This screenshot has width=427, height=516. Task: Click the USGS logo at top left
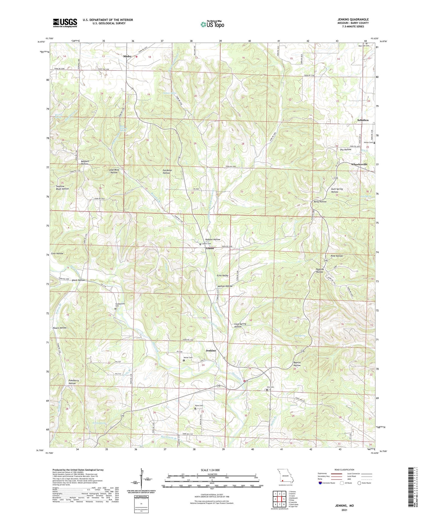coord(65,23)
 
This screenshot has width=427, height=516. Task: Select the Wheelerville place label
coord(359,164)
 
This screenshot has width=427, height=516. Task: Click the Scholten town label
coord(363,120)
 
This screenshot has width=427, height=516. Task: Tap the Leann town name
coord(210,249)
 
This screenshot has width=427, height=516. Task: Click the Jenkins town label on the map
coord(211,351)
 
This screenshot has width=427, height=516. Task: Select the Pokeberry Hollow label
coord(72,382)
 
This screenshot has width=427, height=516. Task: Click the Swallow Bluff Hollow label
coord(62,188)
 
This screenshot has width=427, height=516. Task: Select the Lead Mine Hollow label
coord(114,171)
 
